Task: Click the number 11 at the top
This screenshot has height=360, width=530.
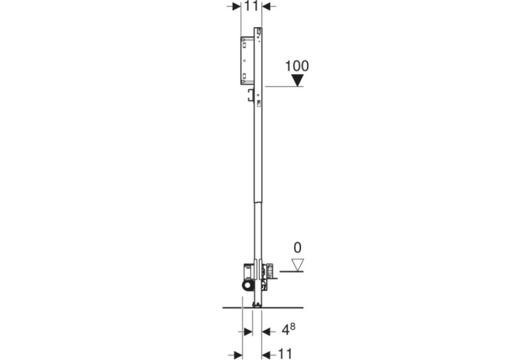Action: pos(251,6)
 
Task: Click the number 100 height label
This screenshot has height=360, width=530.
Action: pos(297,66)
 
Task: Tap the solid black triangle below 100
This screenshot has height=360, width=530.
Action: pos(297,81)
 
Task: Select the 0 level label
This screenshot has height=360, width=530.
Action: pos(297,247)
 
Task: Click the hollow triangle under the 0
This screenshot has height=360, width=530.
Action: pos(297,264)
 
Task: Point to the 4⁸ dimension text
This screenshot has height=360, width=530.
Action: pos(288,329)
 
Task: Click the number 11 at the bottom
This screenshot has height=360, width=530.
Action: pos(285,354)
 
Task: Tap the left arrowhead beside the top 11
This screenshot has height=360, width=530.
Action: pos(236,6)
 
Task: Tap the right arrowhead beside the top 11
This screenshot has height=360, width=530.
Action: pos(267,6)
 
